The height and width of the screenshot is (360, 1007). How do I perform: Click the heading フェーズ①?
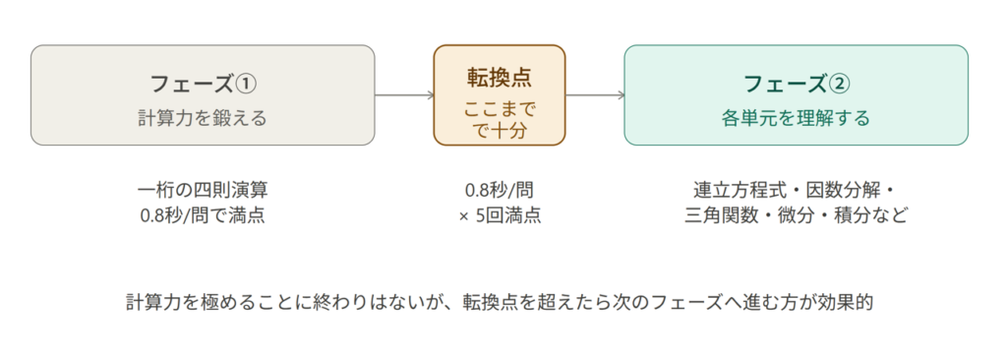[203, 84]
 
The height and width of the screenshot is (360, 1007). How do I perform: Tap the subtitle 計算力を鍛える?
[203, 118]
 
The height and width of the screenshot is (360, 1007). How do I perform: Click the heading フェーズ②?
[796, 84]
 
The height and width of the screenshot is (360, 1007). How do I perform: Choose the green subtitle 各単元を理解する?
[796, 118]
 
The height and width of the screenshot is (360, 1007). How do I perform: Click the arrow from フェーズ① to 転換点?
[404, 95]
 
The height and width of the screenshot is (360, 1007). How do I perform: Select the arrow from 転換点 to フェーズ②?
[595, 95]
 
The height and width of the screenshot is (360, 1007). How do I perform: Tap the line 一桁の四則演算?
[203, 190]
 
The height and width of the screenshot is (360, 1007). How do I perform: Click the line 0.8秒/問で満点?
[203, 214]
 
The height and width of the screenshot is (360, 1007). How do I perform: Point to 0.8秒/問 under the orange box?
[500, 190]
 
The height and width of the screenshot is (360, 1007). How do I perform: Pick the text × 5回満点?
[500, 214]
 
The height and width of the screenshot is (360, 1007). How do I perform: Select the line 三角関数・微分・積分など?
[797, 214]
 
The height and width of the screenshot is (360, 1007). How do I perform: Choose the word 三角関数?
[719, 214]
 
